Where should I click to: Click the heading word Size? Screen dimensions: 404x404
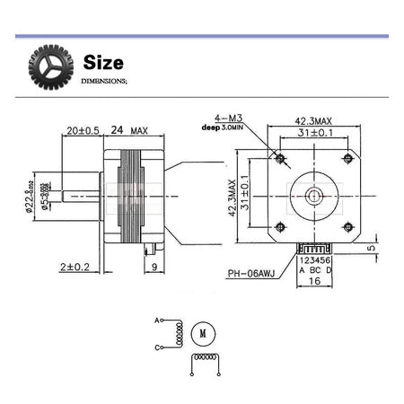pyautogui.click(x=103, y=63)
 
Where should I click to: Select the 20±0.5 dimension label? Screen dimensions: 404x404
pyautogui.click(x=83, y=130)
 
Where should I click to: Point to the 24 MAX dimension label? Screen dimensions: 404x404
pyautogui.click(x=128, y=130)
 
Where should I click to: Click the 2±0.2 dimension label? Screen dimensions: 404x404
pyautogui.click(x=75, y=267)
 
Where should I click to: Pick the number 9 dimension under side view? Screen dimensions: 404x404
pyautogui.click(x=154, y=267)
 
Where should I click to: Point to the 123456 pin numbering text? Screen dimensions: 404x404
pyautogui.click(x=314, y=259)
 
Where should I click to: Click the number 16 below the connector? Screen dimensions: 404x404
pyautogui.click(x=313, y=281)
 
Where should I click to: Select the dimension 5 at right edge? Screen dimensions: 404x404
pyautogui.click(x=370, y=249)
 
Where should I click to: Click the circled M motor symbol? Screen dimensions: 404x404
pyautogui.click(x=203, y=333)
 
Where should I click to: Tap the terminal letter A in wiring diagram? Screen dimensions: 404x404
pyautogui.click(x=158, y=320)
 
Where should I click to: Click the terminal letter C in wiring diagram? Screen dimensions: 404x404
pyautogui.click(x=158, y=347)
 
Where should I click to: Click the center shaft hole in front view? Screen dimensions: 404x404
pyautogui.click(x=313, y=193)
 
